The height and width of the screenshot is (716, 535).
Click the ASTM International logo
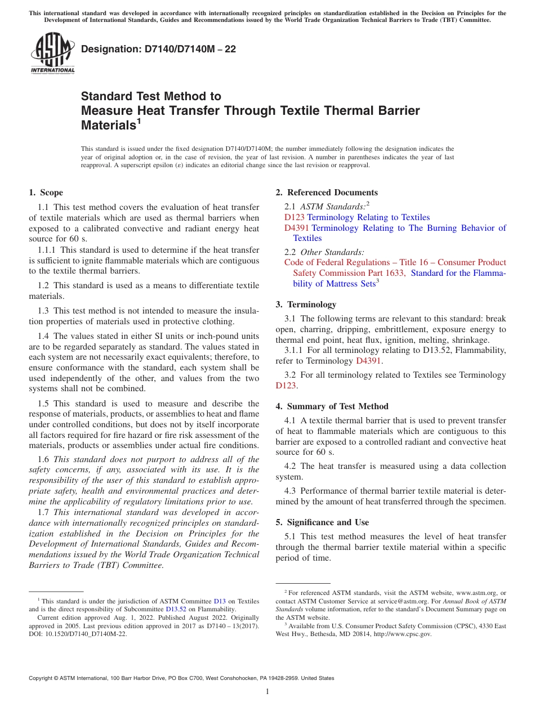click(x=52, y=54)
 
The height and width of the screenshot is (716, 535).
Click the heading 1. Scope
click(x=46, y=193)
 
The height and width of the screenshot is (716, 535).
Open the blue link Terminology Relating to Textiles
click(x=368, y=217)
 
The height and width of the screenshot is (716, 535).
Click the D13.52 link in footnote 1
click(x=176, y=609)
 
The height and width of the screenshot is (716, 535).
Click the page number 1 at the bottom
click(x=267, y=692)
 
